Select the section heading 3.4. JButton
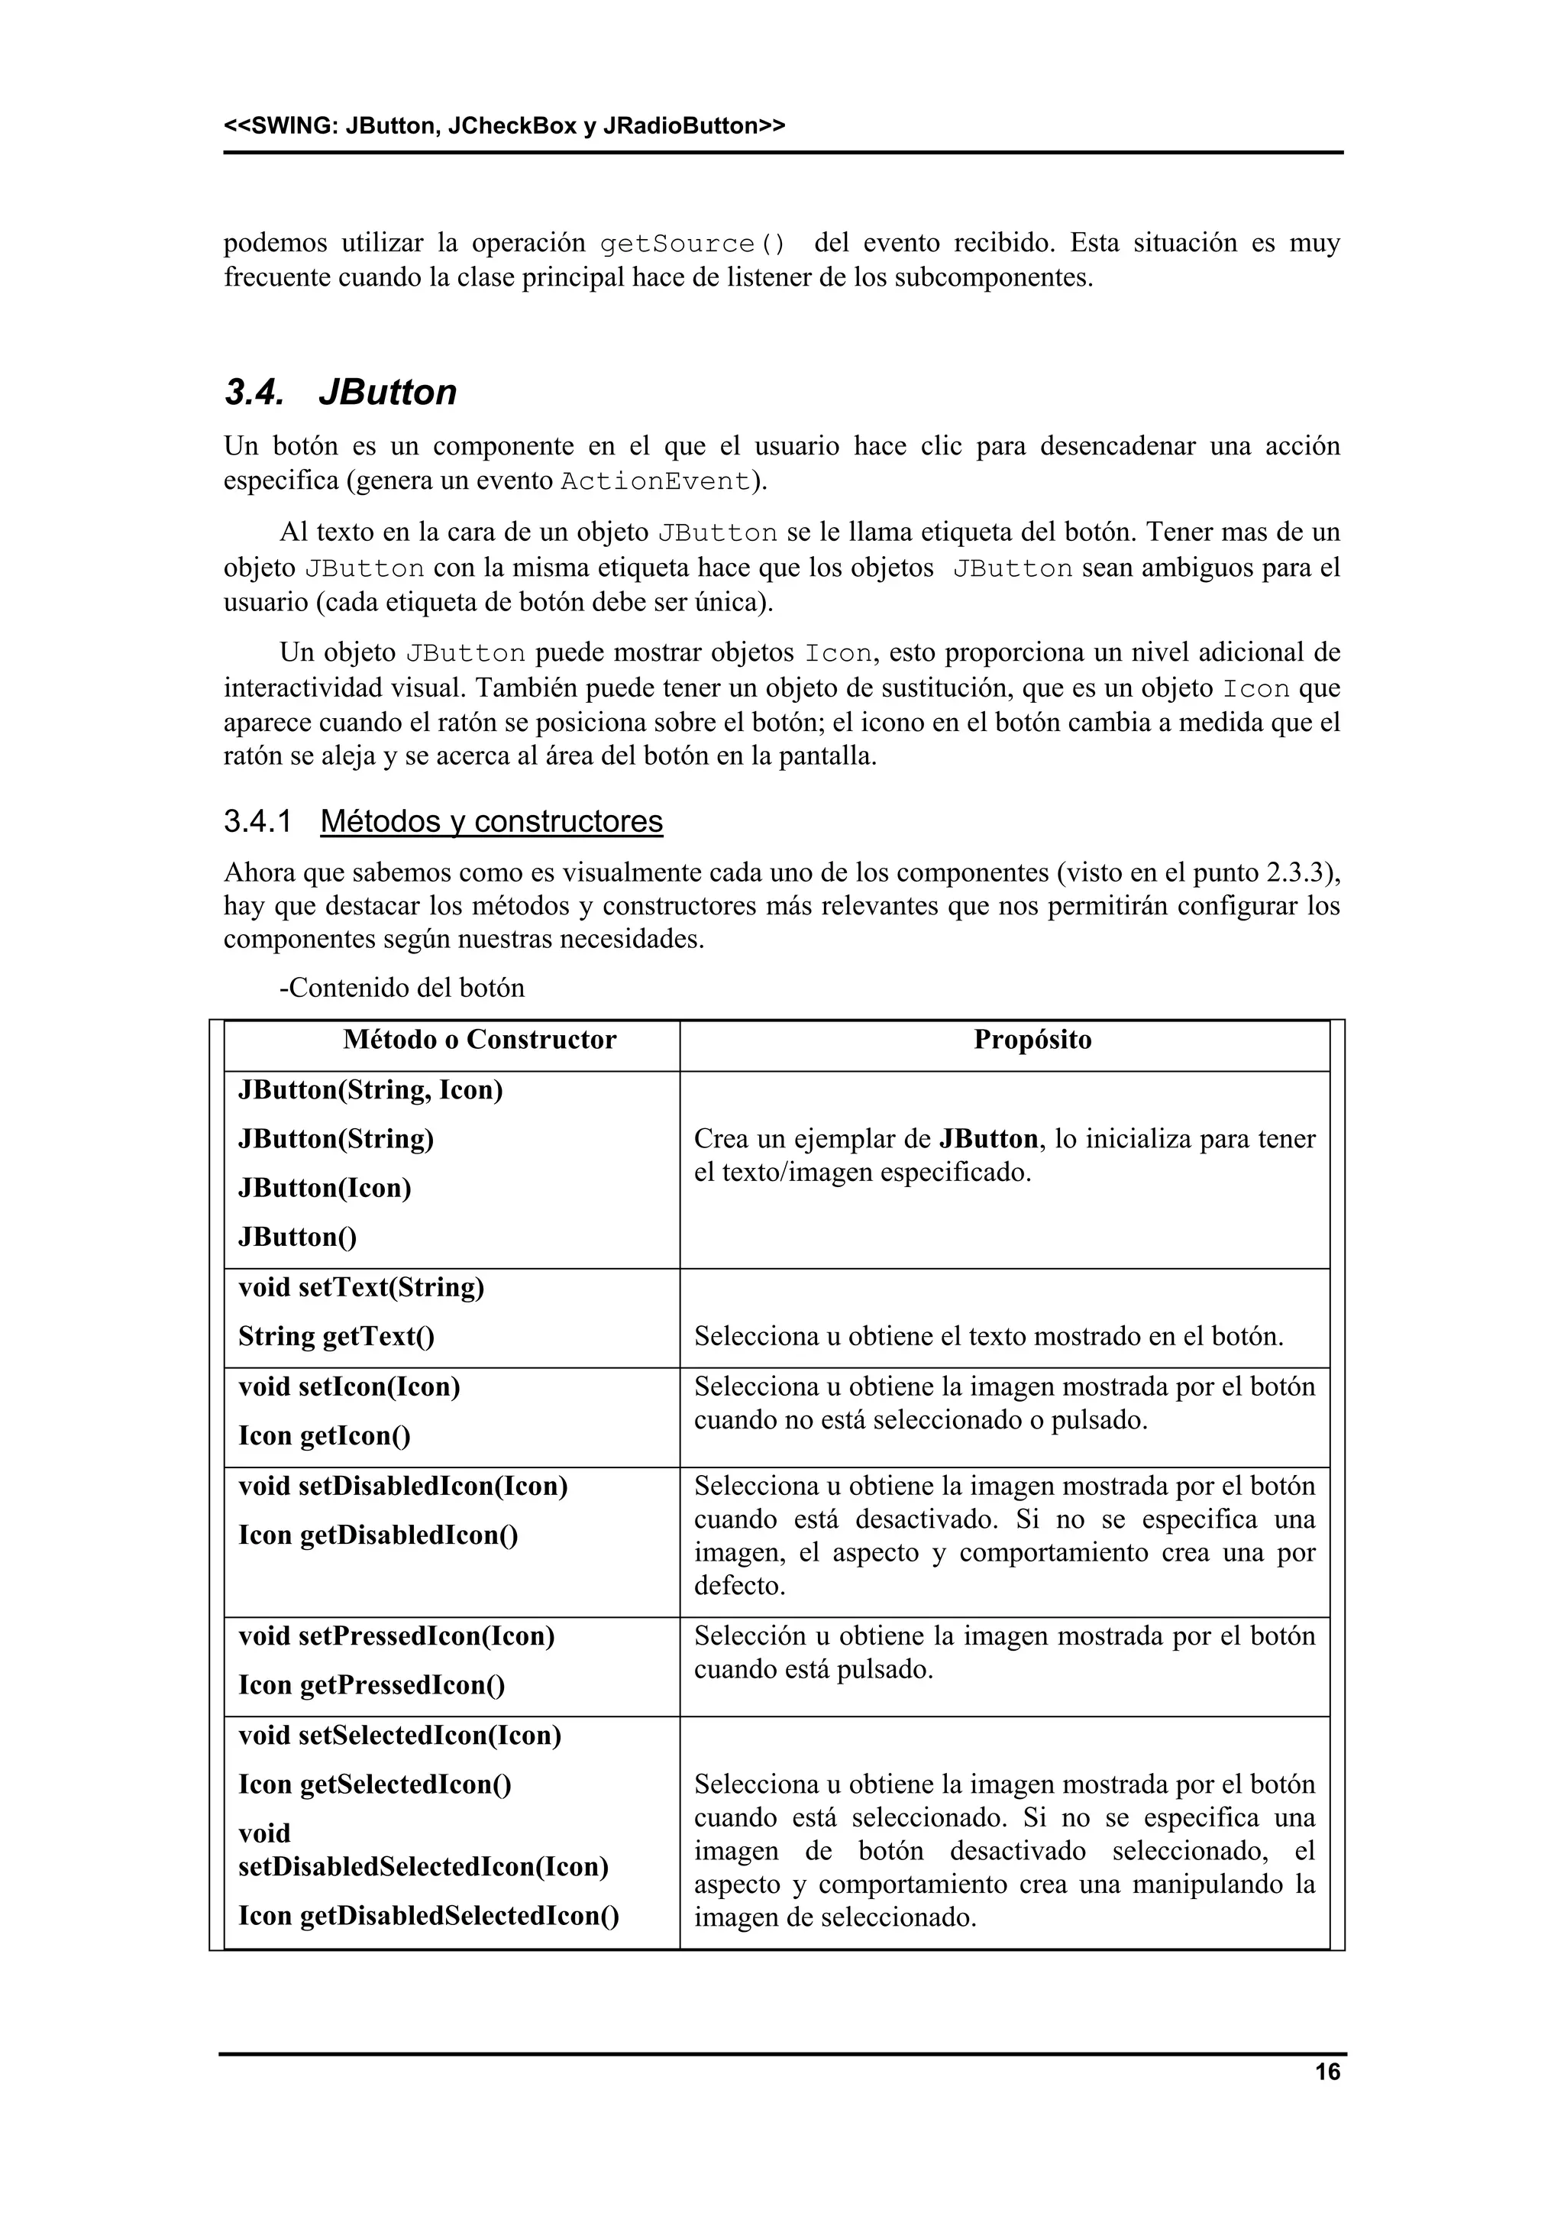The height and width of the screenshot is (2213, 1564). point(340,393)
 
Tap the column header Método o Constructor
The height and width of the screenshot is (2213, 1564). point(479,1040)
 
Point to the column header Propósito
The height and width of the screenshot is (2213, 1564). point(1032,1040)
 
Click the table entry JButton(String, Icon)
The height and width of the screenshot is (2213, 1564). point(371,1090)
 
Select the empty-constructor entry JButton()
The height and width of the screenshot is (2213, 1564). point(298,1237)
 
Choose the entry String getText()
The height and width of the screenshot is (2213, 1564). point(336,1337)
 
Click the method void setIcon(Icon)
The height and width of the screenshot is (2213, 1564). point(349,1387)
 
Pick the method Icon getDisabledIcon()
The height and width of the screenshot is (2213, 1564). point(378,1535)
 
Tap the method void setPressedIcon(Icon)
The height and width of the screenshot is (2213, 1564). point(396,1635)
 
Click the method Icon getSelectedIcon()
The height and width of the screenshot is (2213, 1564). point(375,1784)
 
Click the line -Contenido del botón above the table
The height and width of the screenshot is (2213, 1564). point(402,988)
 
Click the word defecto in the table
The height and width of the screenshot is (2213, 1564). point(739,1586)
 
